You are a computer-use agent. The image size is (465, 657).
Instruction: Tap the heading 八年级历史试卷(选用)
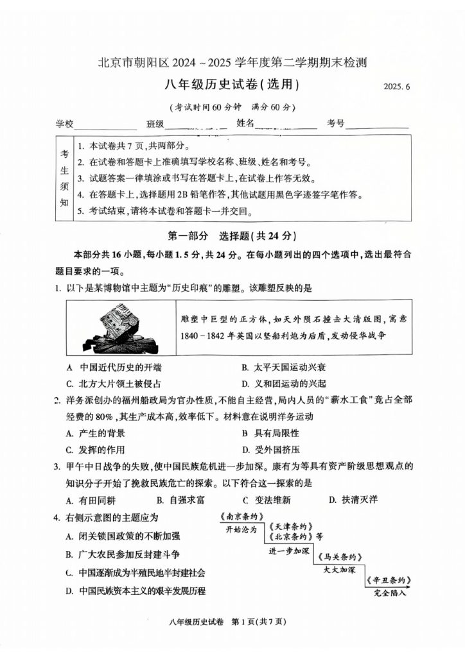[232, 84]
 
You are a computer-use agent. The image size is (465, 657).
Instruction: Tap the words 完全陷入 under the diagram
[390, 593]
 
